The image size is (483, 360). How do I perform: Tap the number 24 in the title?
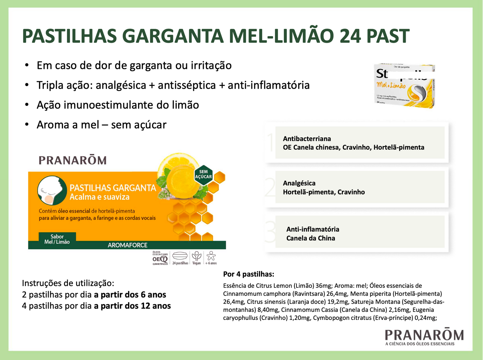click(x=350, y=36)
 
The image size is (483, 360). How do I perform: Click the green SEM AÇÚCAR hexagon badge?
click(x=203, y=174)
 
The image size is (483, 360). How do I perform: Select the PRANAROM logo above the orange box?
click(x=73, y=160)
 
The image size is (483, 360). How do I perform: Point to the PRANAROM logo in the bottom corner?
click(x=424, y=336)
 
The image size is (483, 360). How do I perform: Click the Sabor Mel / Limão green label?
click(x=57, y=239)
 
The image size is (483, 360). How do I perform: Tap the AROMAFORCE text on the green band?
click(x=127, y=245)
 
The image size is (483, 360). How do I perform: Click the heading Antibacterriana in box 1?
click(x=307, y=139)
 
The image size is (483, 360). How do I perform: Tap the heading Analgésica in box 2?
click(x=299, y=183)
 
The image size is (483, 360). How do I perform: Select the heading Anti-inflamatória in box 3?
click(x=313, y=229)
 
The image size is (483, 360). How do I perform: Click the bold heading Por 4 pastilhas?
click(x=249, y=274)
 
